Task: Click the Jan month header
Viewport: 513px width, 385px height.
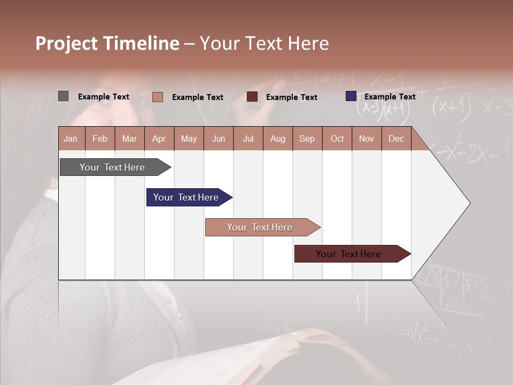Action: pyautogui.click(x=71, y=138)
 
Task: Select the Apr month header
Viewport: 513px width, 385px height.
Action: pyautogui.click(x=159, y=138)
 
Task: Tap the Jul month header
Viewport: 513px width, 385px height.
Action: pyautogui.click(x=248, y=138)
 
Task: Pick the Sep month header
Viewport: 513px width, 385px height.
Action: pyautogui.click(x=307, y=138)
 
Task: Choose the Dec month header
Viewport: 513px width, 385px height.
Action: pyautogui.click(x=396, y=138)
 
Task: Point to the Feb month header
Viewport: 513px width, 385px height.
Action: pyautogui.click(x=100, y=138)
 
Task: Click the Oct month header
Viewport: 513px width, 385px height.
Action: pyautogui.click(x=337, y=138)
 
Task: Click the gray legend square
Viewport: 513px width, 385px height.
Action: pyautogui.click(x=64, y=96)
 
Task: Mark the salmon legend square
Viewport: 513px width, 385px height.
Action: pyautogui.click(x=158, y=97)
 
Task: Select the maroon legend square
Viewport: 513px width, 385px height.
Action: pyautogui.click(x=252, y=97)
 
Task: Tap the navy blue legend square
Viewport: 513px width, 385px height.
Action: pyautogui.click(x=351, y=96)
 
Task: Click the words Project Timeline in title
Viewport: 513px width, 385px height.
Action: pyautogui.click(x=107, y=43)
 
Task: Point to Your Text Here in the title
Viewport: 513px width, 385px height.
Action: pyautogui.click(x=264, y=43)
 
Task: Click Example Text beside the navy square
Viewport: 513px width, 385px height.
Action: pyautogui.click(x=390, y=97)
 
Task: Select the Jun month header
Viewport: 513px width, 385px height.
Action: pyautogui.click(x=219, y=138)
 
